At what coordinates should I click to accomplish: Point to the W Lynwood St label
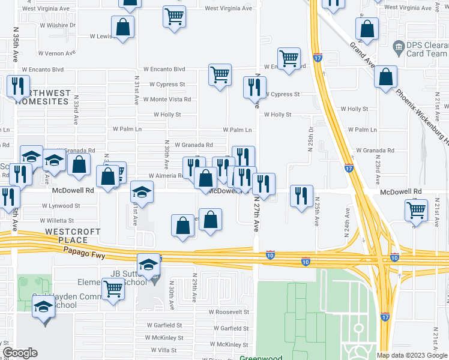[x=61, y=206]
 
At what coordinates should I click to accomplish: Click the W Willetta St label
[x=57, y=221]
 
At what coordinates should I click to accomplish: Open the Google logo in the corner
[x=20, y=353]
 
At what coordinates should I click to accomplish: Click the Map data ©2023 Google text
[x=412, y=355]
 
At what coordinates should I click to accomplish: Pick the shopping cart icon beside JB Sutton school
[x=113, y=290]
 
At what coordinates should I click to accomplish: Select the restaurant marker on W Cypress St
[x=255, y=87]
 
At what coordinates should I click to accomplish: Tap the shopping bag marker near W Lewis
[x=123, y=28]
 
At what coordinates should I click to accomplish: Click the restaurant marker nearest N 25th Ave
[x=301, y=196]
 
